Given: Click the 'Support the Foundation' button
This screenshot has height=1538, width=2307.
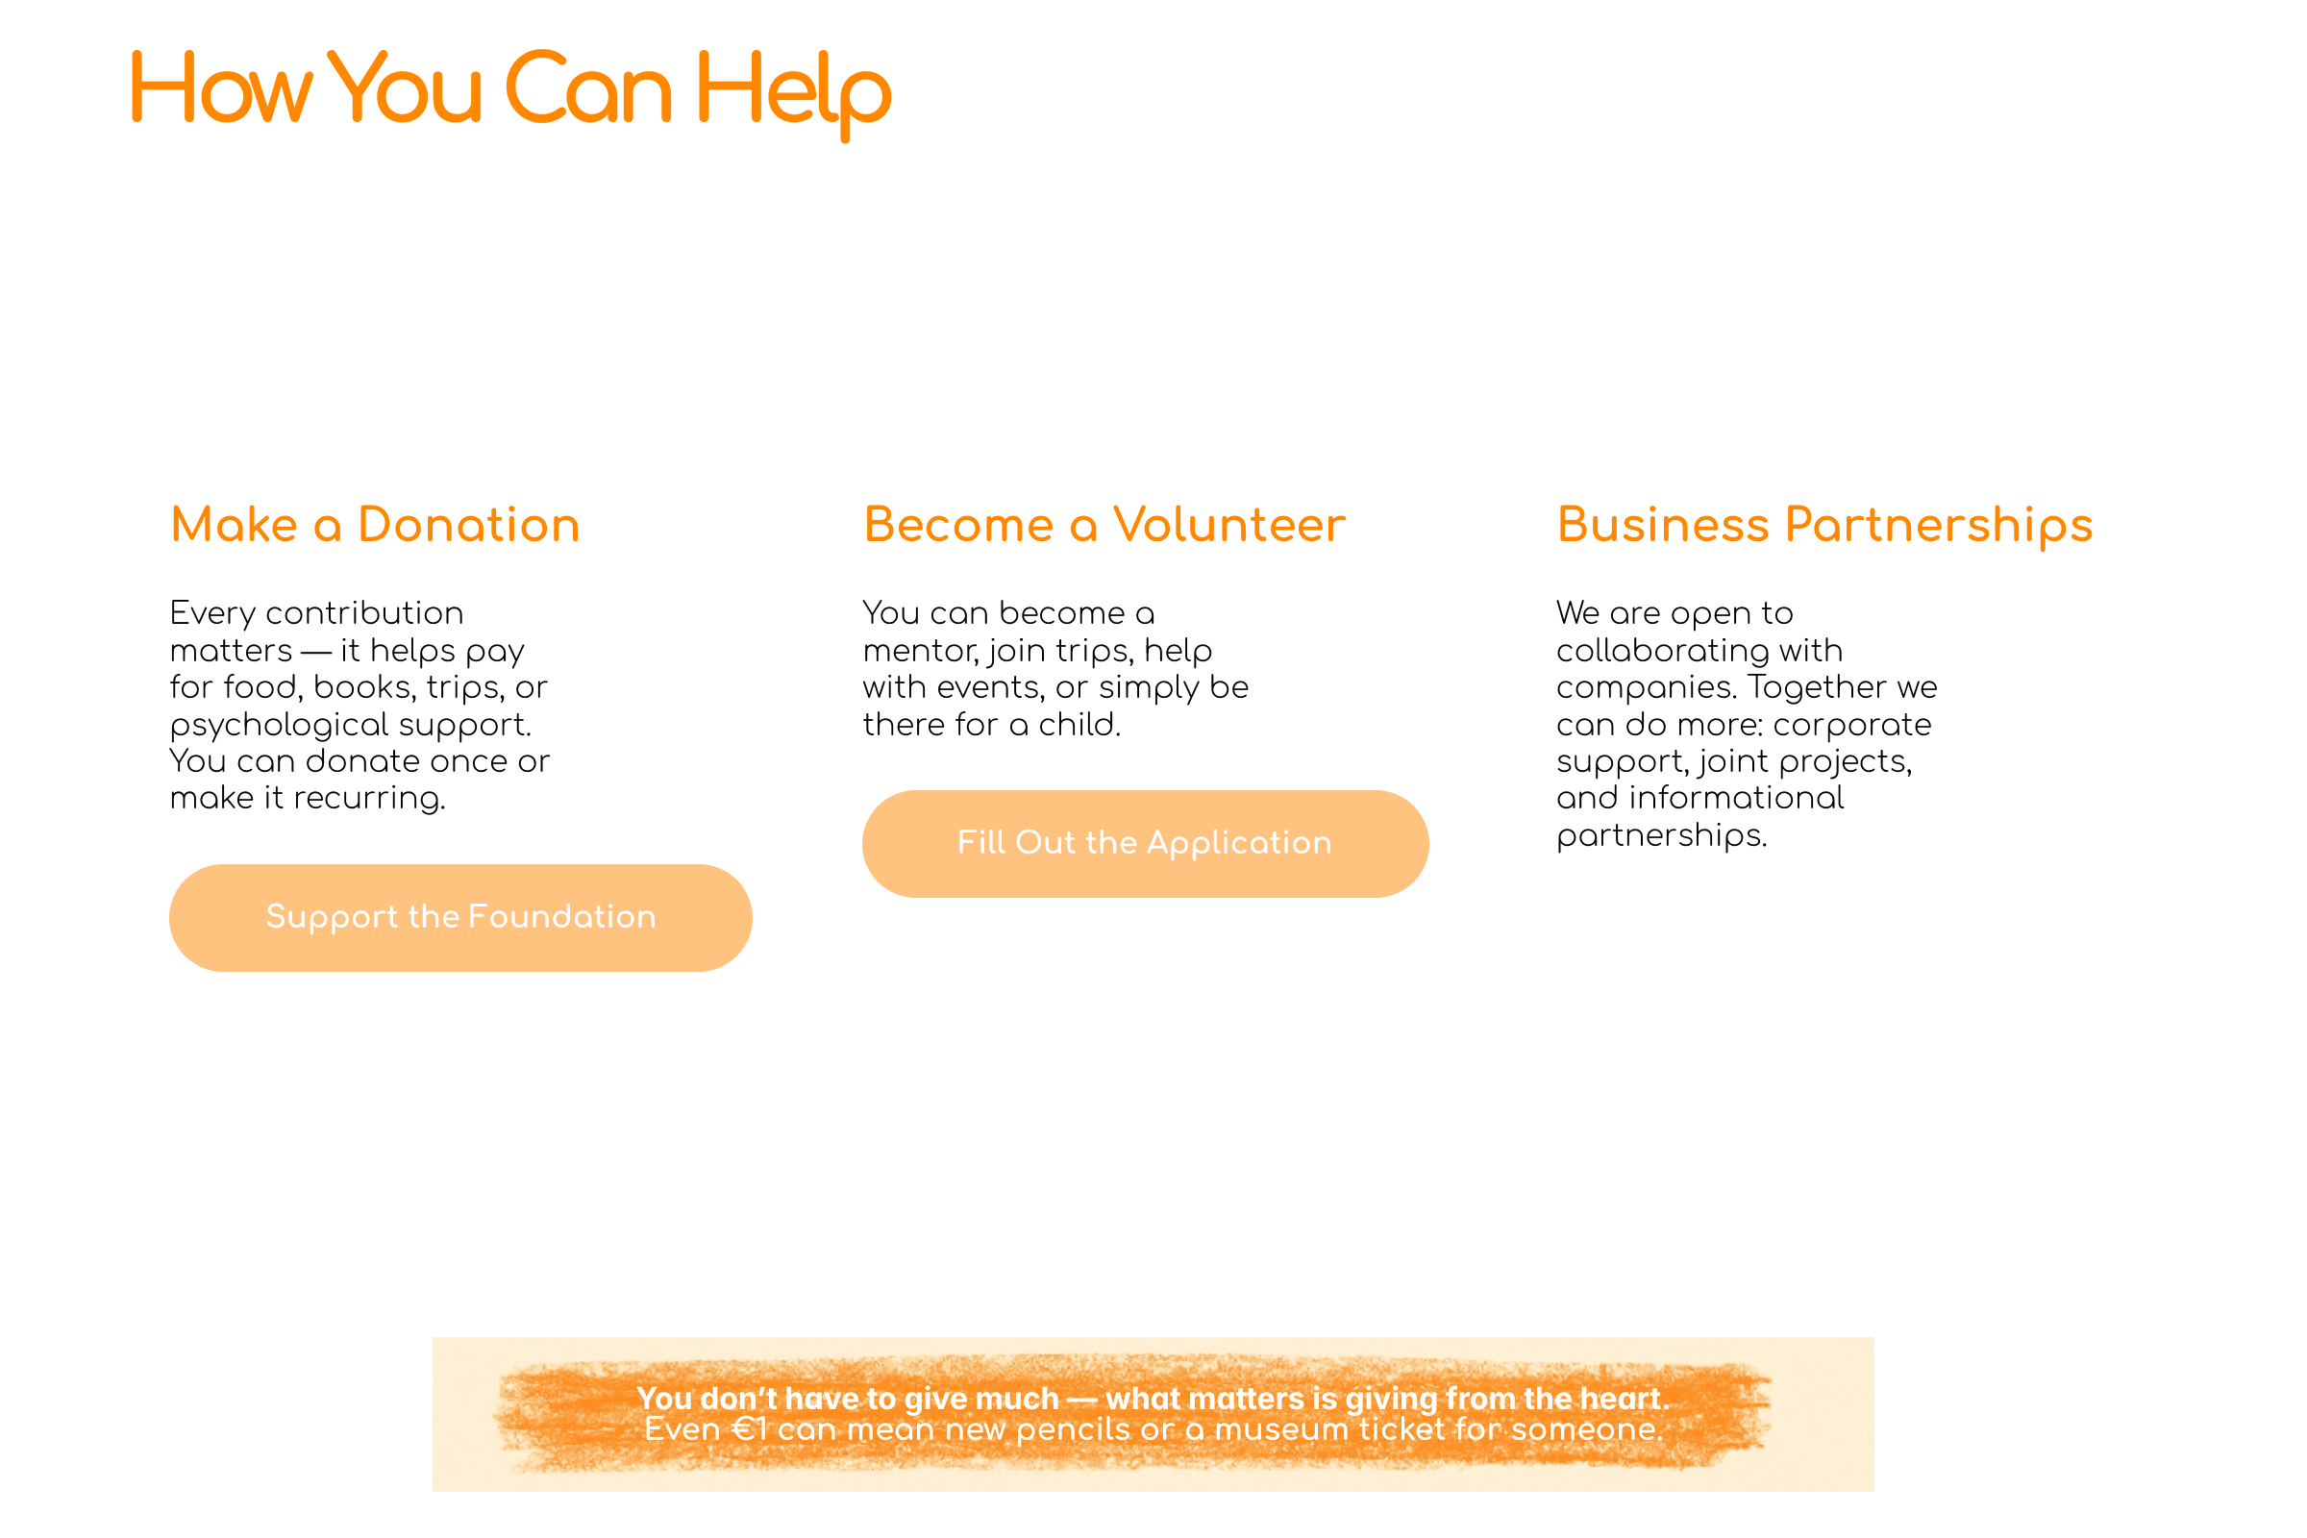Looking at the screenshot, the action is pyautogui.click(x=460, y=917).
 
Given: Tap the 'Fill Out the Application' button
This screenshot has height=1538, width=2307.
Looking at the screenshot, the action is pyautogui.click(x=1145, y=844).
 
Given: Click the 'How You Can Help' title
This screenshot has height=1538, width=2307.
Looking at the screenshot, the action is pyautogui.click(x=510, y=90).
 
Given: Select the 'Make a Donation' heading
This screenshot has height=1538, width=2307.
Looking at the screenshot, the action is pyautogui.click(x=375, y=525).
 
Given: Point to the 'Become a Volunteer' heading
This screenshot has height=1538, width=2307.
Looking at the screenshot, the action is pyautogui.click(x=1104, y=525).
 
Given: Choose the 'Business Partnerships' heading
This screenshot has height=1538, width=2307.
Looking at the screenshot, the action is pyautogui.click(x=1824, y=525).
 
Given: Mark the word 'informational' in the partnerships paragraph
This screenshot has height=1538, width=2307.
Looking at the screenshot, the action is pyautogui.click(x=1736, y=799).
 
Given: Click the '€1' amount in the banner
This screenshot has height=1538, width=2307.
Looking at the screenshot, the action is pyautogui.click(x=750, y=1430).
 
